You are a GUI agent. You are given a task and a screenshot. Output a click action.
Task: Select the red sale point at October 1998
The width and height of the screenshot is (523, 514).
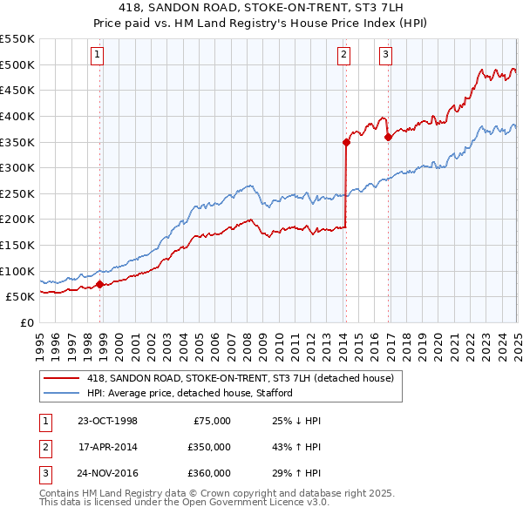click(x=99, y=283)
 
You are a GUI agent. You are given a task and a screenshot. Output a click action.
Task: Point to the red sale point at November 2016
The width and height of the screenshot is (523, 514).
click(x=388, y=137)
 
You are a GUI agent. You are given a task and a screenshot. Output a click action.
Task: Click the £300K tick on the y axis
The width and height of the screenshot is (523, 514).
click(x=17, y=167)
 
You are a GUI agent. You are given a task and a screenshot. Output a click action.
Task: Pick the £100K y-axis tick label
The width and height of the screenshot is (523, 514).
click(x=17, y=271)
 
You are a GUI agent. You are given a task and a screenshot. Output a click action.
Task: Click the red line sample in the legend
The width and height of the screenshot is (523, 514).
click(x=61, y=378)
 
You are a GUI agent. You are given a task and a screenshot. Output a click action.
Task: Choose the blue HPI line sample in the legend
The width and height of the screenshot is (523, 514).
click(x=61, y=393)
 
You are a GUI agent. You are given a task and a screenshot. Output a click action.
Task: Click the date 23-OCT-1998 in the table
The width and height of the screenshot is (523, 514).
click(x=107, y=421)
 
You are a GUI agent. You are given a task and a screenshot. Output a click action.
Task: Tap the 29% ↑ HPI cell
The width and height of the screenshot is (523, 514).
click(x=297, y=473)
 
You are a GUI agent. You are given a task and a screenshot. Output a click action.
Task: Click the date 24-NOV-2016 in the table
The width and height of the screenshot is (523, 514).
click(x=108, y=473)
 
